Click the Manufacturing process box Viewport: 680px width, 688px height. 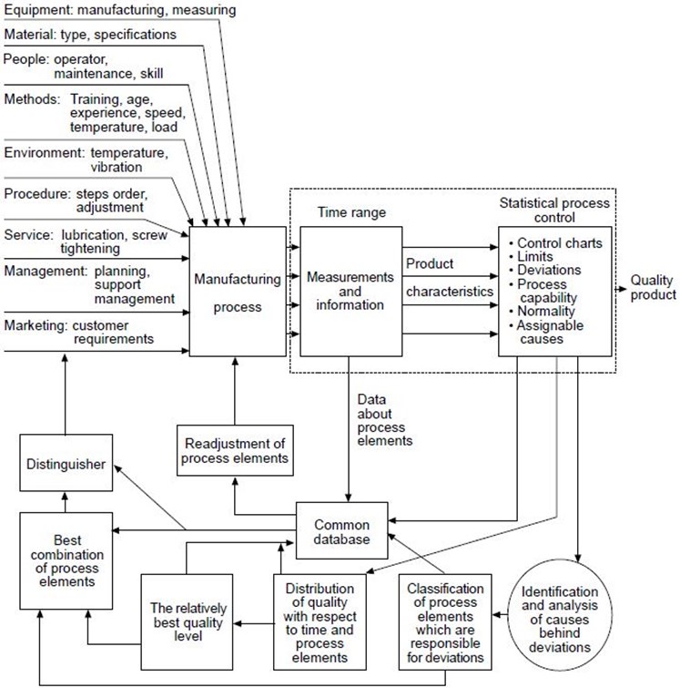[238, 292]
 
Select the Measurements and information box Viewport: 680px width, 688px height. [350, 292]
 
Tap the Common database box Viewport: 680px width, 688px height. [342, 530]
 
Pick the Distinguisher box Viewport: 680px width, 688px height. [66, 463]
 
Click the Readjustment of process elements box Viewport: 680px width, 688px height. [235, 451]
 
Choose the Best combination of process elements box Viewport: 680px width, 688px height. [66, 560]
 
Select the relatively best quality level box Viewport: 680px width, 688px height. [187, 622]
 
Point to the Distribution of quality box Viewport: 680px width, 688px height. [320, 622]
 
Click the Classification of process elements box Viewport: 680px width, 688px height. [445, 622]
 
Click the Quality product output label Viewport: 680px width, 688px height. [653, 287]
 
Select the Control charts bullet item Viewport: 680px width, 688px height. [556, 243]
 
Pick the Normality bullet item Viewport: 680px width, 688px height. [543, 311]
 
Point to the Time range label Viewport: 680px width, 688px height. [351, 212]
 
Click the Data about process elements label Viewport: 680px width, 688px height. [385, 420]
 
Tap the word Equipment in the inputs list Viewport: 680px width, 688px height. [38, 10]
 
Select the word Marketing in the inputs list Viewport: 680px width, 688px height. [36, 325]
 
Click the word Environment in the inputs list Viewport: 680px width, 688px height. [44, 153]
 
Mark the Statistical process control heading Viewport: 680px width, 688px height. [554, 211]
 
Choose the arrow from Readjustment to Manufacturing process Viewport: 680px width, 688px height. [235, 391]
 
